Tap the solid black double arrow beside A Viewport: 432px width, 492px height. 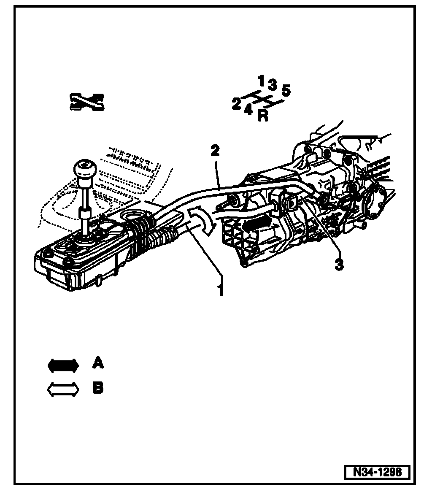click(x=63, y=365)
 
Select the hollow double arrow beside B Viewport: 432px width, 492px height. click(x=63, y=389)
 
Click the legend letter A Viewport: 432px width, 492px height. click(x=98, y=363)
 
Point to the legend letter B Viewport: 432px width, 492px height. click(x=98, y=387)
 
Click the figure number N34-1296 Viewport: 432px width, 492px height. click(x=377, y=471)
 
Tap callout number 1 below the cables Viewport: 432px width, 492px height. click(x=220, y=290)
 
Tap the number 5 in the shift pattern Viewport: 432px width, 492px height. click(x=286, y=91)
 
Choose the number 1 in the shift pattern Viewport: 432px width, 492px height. click(x=262, y=80)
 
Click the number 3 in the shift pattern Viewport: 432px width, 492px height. click(x=273, y=85)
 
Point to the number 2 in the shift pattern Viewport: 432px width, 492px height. click(x=237, y=104)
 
